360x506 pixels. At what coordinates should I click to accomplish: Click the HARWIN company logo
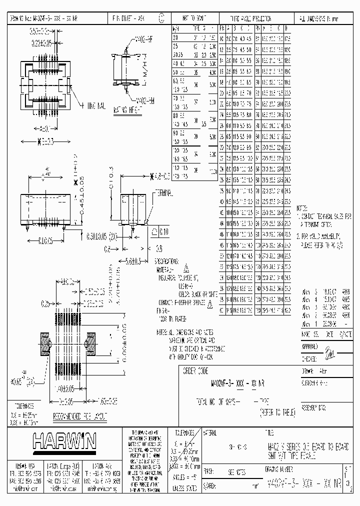point(64,441)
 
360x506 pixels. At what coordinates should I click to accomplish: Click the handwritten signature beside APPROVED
point(329,354)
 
